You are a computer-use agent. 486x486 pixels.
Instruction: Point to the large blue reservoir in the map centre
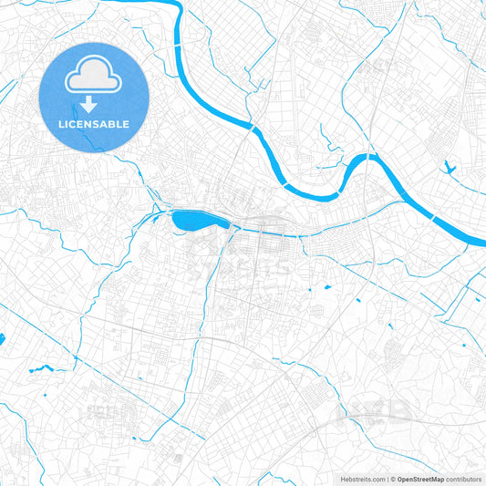191,220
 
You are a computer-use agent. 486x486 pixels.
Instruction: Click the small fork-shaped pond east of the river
449,167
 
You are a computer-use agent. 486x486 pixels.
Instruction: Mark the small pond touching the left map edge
2,339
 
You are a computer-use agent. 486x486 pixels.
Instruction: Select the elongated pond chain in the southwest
39,369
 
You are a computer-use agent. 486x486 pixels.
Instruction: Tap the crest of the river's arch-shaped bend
364,158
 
